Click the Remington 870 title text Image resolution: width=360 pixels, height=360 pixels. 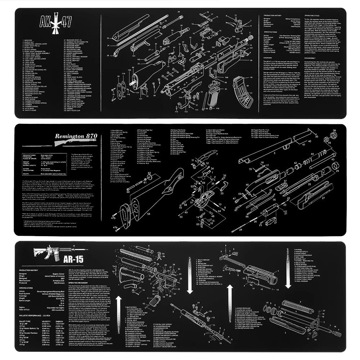coord(76,136)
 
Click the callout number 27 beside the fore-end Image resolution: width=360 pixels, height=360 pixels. coord(323,198)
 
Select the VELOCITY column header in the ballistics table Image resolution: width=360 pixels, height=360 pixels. coord(46,321)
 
